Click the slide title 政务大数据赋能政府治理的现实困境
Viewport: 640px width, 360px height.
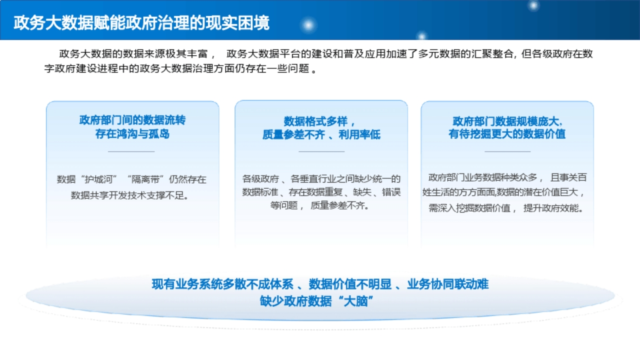141,23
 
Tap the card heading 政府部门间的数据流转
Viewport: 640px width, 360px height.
132,120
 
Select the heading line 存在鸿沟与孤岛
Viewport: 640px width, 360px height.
132,133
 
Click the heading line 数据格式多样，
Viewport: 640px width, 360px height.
319,121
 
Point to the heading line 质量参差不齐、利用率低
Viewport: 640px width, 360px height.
321,134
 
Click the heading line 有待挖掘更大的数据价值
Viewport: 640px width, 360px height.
507,133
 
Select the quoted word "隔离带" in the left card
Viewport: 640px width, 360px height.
147,179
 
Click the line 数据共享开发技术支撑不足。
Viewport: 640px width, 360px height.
129,195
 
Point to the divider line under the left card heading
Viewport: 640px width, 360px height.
131,151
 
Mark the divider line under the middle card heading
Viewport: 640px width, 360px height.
321,151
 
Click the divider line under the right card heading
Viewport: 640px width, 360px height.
507,151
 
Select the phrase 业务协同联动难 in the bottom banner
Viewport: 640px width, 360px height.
447,284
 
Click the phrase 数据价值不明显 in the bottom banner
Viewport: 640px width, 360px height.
350,284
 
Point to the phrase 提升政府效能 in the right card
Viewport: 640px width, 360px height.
551,208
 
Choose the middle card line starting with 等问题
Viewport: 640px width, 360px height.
319,205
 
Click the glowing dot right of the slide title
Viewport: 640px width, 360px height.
308,25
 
